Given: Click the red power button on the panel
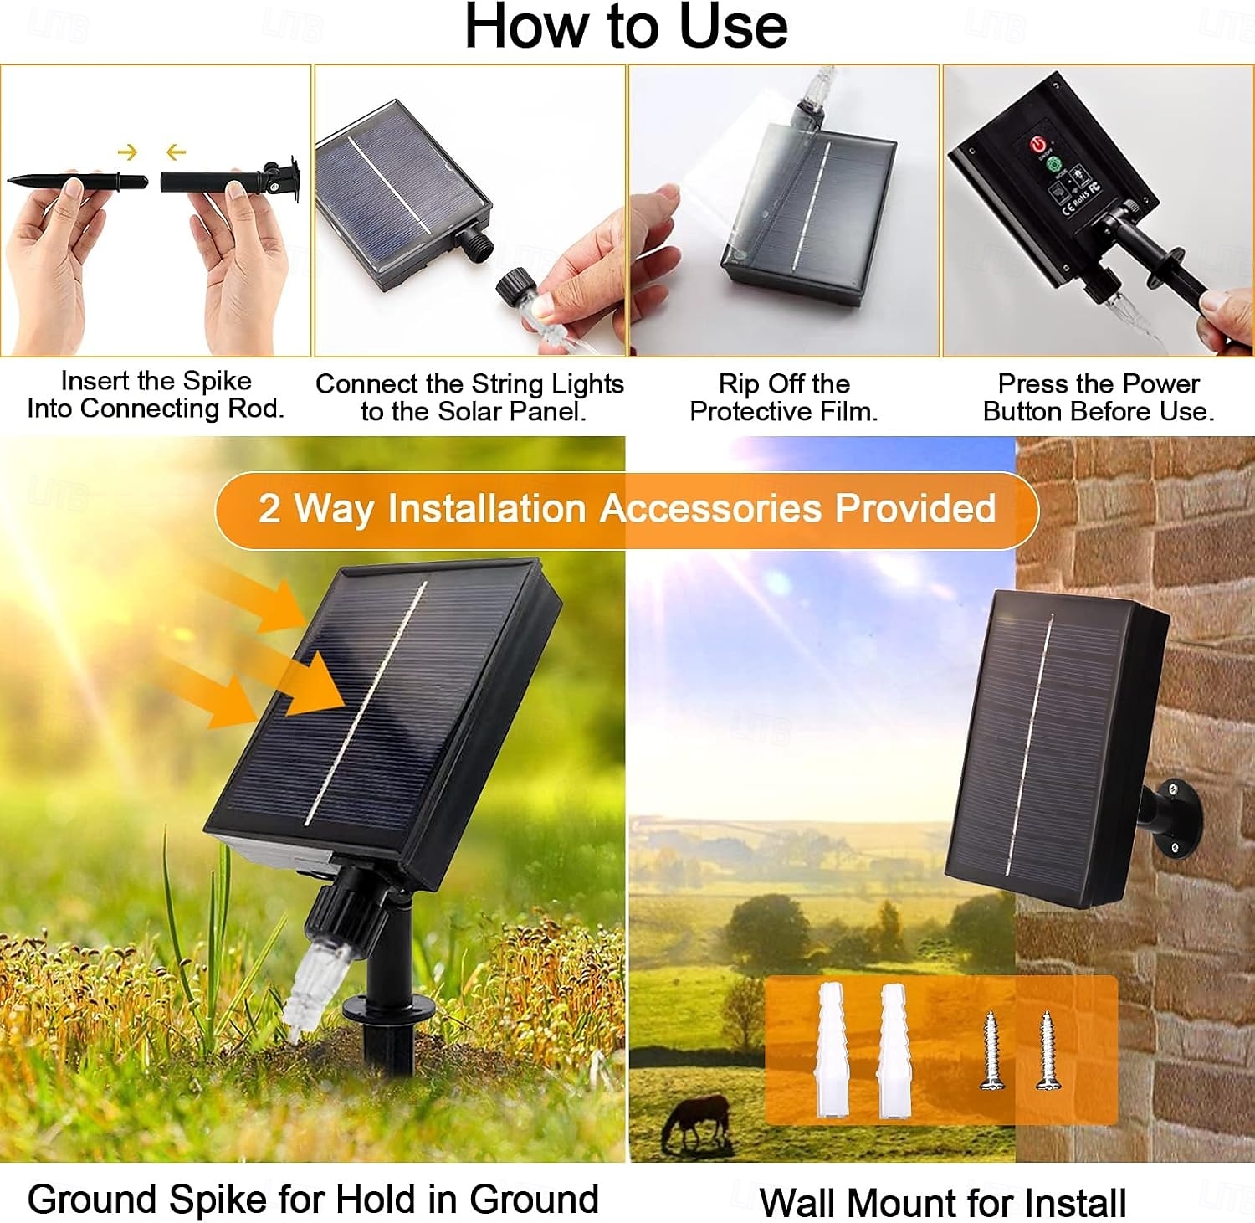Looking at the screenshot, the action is (x=1038, y=146).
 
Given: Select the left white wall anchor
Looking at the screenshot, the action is (x=831, y=1050).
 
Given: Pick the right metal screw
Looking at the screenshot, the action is (x=1045, y=1050).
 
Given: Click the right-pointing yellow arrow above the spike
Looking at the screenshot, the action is (x=127, y=152).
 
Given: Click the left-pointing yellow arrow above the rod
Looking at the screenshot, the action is (x=176, y=152).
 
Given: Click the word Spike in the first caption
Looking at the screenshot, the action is (x=217, y=382).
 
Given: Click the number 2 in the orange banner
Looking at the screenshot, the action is (x=269, y=508).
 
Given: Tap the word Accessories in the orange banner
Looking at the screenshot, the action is (x=710, y=508).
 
